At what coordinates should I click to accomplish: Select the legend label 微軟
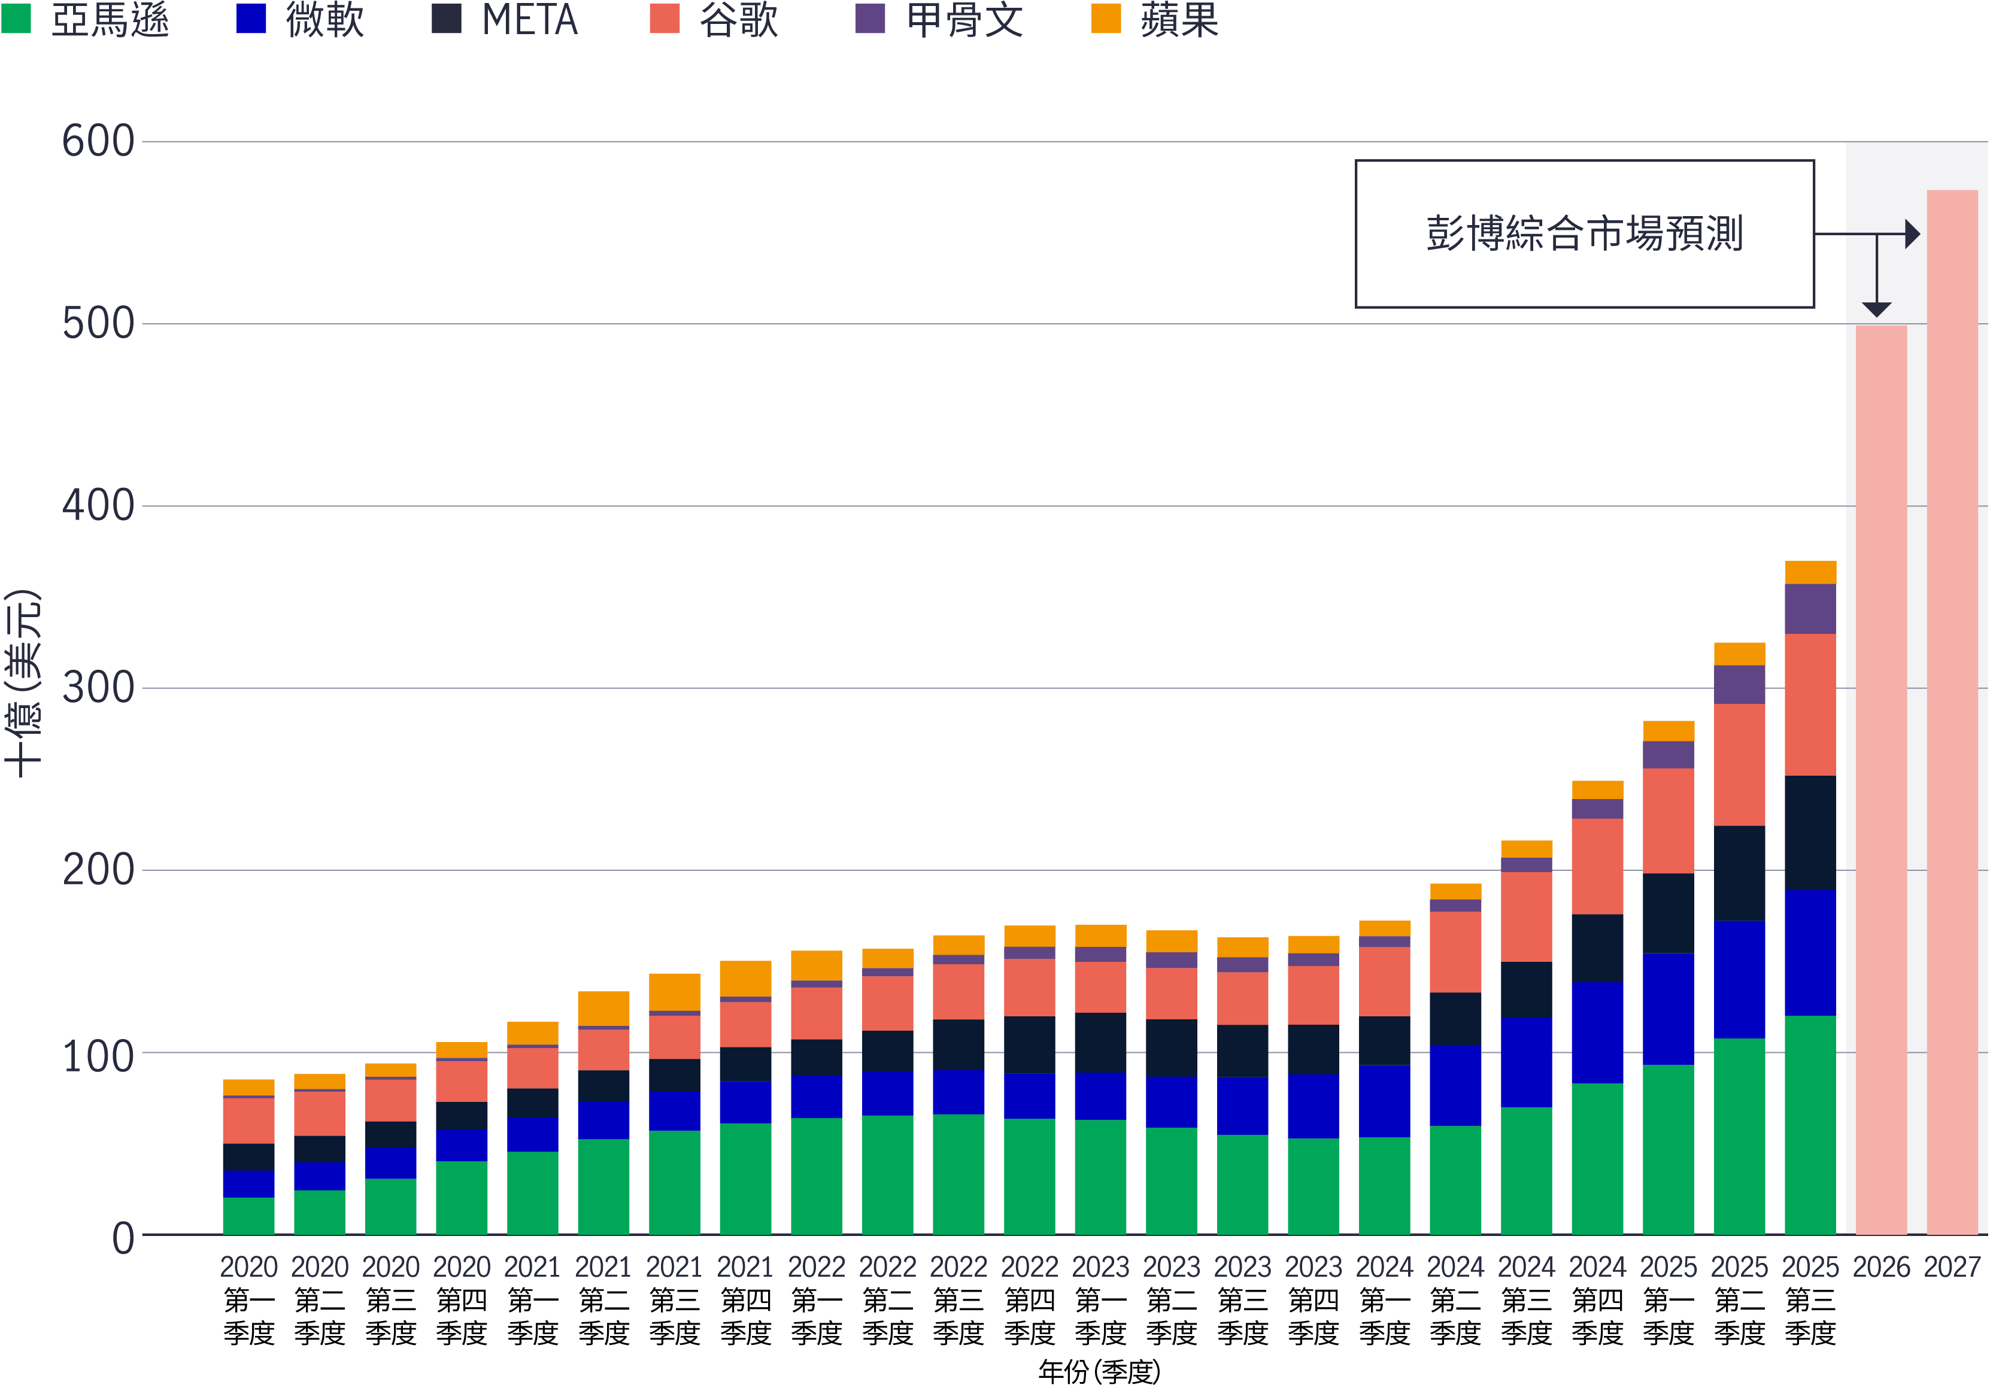pyautogui.click(x=324, y=19)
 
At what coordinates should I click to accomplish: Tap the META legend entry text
pyautogui.click(x=529, y=19)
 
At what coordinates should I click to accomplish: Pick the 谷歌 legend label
pyautogui.click(x=738, y=19)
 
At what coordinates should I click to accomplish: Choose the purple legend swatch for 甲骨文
pyautogui.click(x=870, y=19)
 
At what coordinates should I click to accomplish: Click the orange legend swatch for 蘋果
pyautogui.click(x=1106, y=19)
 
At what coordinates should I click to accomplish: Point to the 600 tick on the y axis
pyautogui.click(x=98, y=142)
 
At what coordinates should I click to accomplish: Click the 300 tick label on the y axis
pyautogui.click(x=98, y=688)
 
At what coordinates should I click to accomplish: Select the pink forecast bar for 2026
pyautogui.click(x=1881, y=782)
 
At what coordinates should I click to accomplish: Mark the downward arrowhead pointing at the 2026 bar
pyautogui.click(x=1877, y=309)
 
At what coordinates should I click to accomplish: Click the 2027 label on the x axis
pyautogui.click(x=1952, y=1267)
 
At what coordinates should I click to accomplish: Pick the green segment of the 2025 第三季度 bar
pyautogui.click(x=1810, y=1126)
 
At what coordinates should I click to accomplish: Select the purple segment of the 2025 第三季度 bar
pyautogui.click(x=1810, y=609)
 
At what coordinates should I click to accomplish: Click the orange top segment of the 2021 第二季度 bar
pyautogui.click(x=603, y=1009)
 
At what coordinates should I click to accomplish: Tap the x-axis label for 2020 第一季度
pyautogui.click(x=248, y=1299)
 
